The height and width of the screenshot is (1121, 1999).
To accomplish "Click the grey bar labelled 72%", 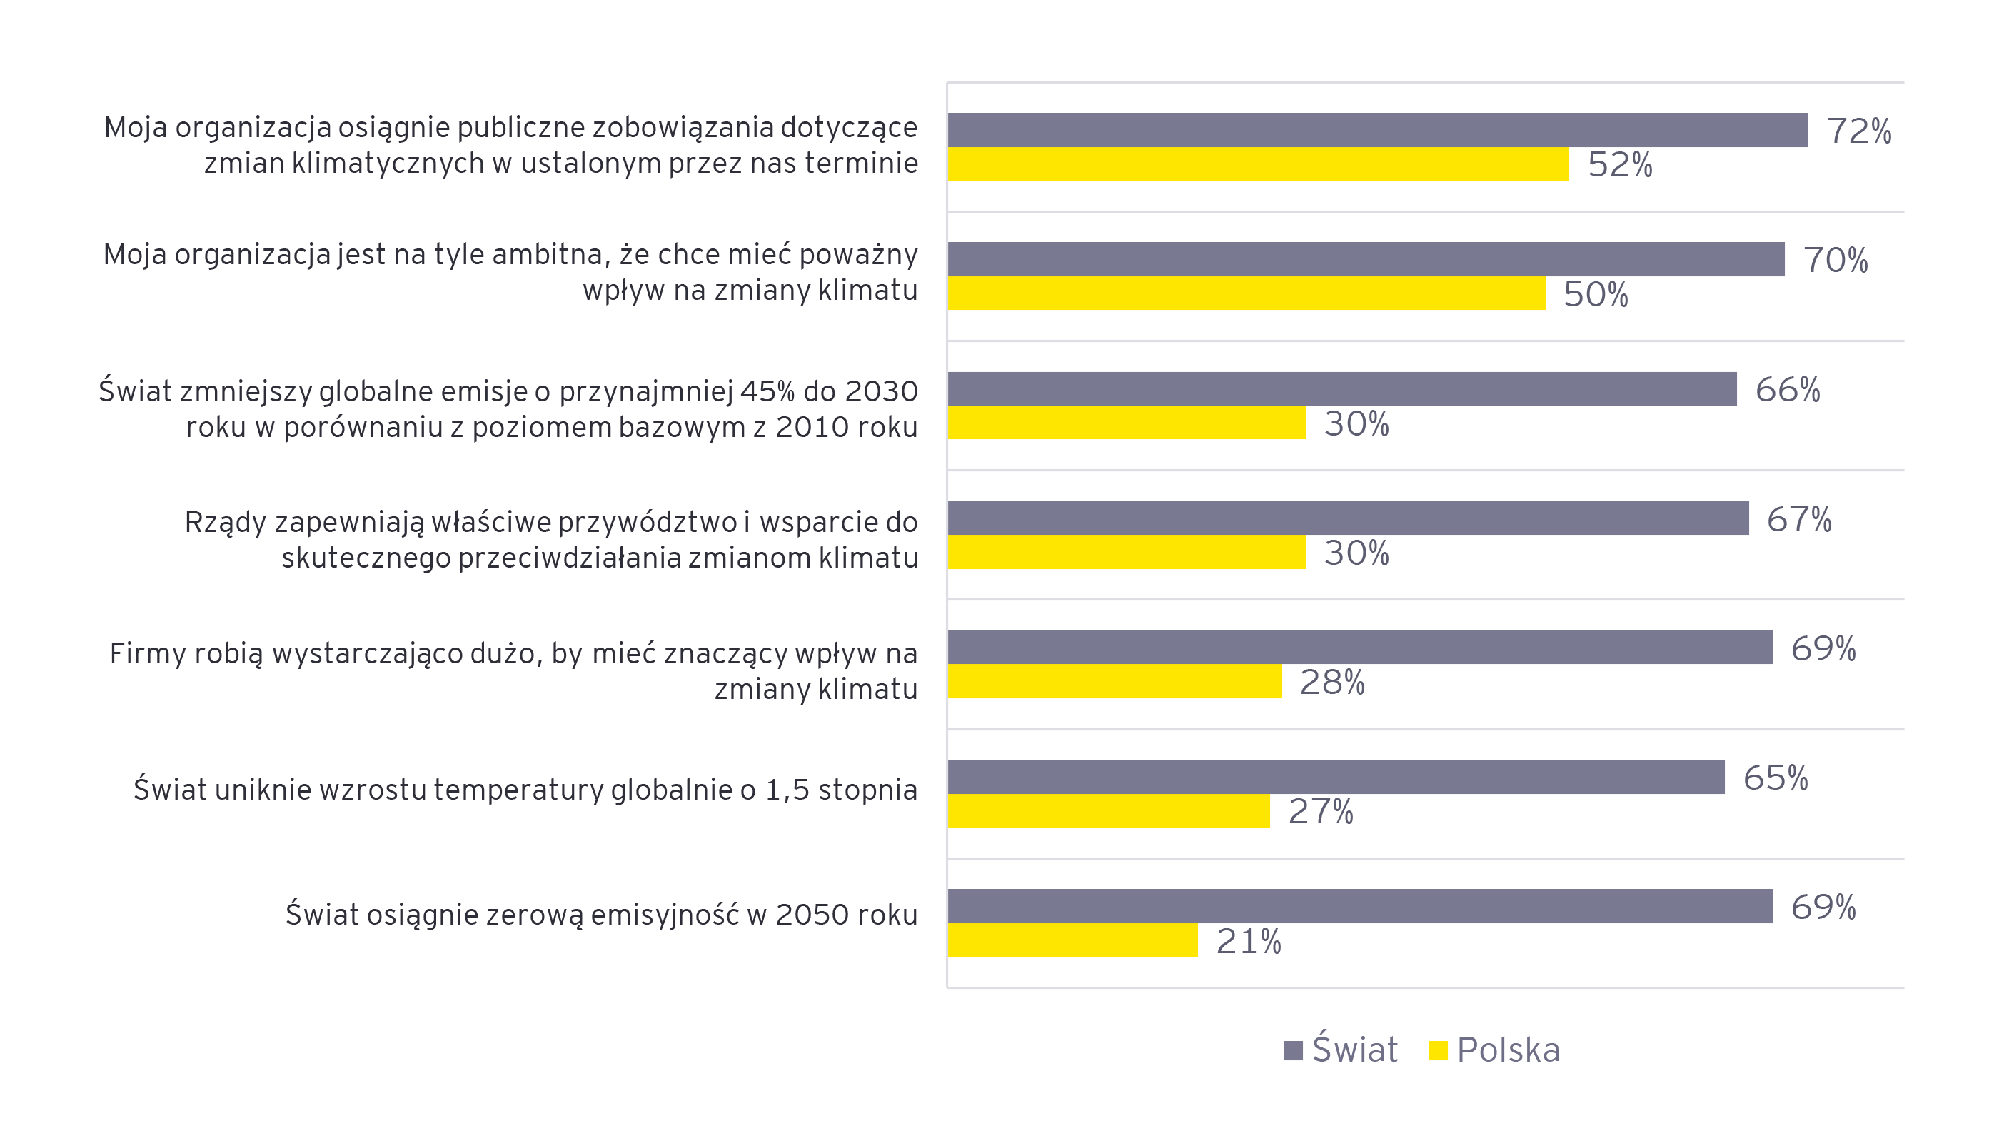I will (1376, 130).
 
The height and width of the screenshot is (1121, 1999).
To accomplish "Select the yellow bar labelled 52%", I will (1257, 164).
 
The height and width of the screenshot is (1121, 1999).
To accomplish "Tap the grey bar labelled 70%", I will (1365, 258).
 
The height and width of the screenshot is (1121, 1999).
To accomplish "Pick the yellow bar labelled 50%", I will (1246, 293).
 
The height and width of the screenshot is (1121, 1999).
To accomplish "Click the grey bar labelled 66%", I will (1341, 388).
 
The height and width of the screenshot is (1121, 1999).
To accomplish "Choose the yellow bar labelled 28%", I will (1114, 681).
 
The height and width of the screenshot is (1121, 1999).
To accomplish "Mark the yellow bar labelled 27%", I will (1108, 810).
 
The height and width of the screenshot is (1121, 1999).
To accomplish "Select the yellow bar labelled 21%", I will (1072, 940).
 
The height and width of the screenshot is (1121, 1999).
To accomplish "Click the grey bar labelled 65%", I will (1335, 776).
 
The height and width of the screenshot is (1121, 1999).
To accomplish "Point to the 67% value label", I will (1799, 519).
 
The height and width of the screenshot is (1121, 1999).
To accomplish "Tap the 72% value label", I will (1858, 131).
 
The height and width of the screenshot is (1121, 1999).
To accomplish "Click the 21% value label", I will (1248, 942).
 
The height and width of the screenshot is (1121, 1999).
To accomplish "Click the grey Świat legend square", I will (1293, 1050).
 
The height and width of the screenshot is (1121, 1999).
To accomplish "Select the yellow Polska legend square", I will (1437, 1050).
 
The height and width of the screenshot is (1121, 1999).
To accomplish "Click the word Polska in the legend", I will (1508, 1050).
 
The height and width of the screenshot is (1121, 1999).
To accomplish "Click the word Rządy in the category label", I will (225, 523).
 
